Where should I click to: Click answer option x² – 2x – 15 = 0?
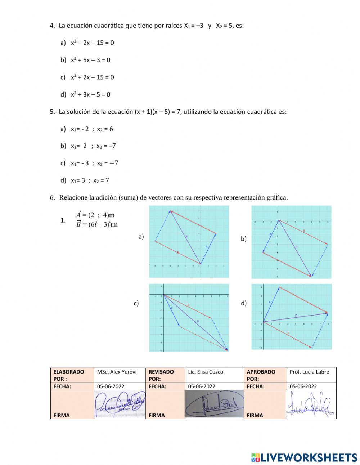[x=92, y=43]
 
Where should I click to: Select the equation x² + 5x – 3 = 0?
[x=90, y=60]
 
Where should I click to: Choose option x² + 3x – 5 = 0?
[x=90, y=95]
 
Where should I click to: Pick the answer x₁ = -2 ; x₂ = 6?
[x=92, y=129]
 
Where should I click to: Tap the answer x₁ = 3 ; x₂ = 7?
[x=90, y=180]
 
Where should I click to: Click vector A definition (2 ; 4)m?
[x=95, y=215]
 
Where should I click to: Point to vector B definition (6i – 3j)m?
[x=97, y=224]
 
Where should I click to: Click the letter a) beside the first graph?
[x=141, y=237]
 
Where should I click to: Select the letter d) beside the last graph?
[x=244, y=303]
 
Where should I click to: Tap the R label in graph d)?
[x=296, y=316]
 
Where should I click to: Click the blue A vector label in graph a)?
[x=207, y=246]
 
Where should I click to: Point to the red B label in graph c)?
[x=188, y=305]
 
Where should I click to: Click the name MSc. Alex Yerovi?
[x=117, y=372]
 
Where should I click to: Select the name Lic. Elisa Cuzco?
[x=205, y=372]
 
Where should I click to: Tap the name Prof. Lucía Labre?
[x=309, y=372]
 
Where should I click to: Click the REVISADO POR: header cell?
[x=161, y=375]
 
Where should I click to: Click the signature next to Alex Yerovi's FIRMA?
[x=120, y=404]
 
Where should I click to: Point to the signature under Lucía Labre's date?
[x=310, y=404]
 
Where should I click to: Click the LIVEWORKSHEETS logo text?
[x=309, y=457]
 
